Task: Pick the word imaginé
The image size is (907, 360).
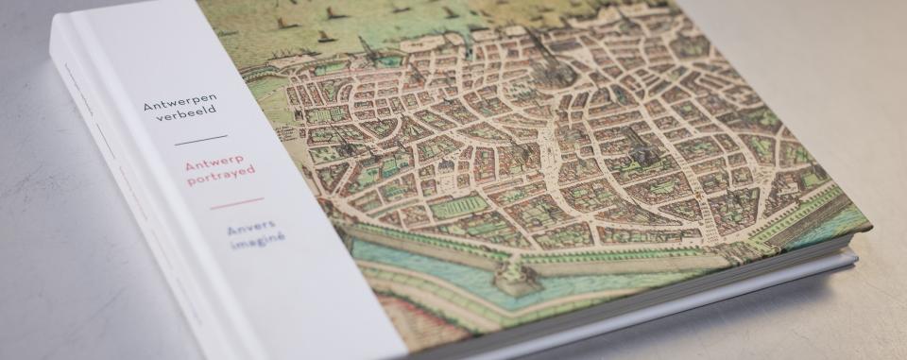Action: point(257,241)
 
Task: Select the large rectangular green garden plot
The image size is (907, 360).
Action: point(458,207)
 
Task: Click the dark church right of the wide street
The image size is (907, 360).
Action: point(642,151)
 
